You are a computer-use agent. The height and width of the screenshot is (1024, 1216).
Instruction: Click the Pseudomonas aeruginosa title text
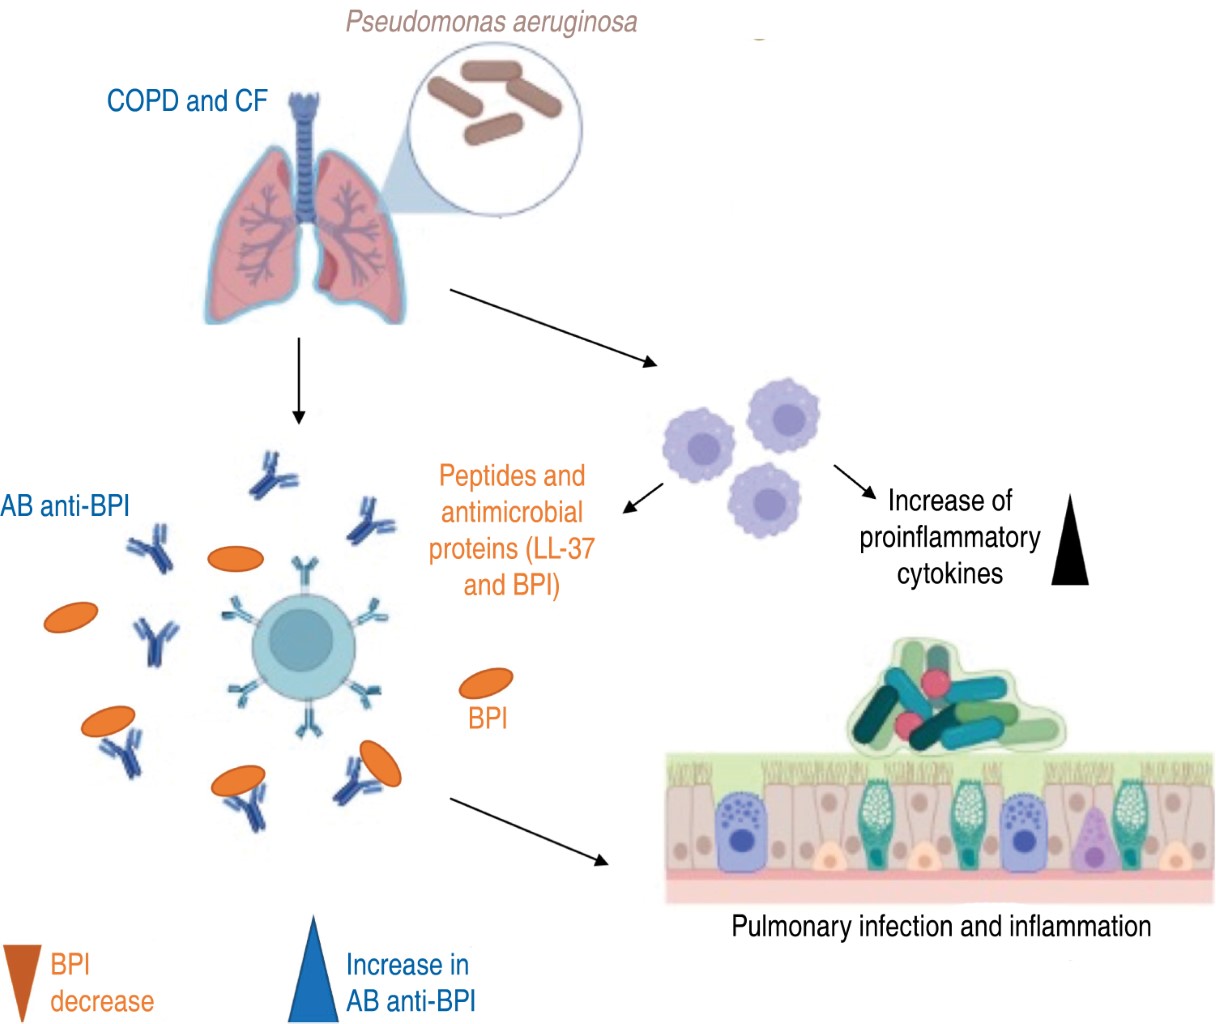pos(491,22)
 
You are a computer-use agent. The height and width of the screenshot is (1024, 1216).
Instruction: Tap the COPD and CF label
pos(187,101)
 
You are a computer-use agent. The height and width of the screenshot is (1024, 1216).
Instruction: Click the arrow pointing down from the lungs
pos(298,380)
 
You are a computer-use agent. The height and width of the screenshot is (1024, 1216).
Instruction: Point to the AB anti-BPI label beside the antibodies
pos(65,506)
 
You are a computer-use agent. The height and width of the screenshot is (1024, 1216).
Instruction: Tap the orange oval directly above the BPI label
pos(486,683)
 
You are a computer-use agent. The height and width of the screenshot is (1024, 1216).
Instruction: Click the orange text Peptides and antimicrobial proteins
pos(511,530)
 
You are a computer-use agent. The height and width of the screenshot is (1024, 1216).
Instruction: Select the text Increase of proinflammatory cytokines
pos(950,537)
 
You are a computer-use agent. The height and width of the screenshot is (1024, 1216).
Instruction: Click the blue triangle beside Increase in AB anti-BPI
pos(313,975)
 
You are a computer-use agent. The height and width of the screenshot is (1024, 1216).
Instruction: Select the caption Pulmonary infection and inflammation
pos(941,926)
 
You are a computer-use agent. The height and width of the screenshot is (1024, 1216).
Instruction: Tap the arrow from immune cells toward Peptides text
pos(644,497)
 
